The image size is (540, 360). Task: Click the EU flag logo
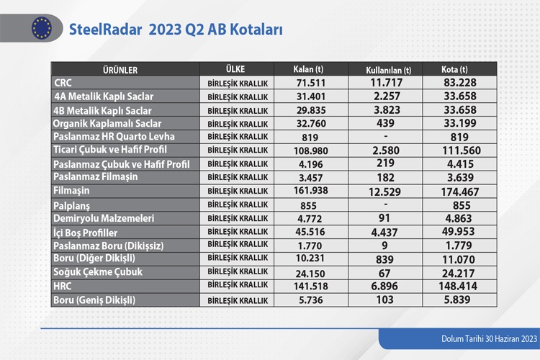42,28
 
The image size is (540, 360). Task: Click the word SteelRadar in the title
105,30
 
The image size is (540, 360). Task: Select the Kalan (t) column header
308,69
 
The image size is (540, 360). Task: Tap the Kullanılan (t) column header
389,71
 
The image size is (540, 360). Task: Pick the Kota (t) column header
454,69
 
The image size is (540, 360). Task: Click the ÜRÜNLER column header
120,71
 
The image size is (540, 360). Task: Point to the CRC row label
63,83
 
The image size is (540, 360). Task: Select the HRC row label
63,286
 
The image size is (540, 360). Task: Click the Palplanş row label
71,206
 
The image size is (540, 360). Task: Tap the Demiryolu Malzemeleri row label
104,218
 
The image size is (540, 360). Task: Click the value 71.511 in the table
311,83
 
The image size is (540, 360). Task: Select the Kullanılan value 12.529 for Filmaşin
384,192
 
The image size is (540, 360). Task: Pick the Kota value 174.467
460,192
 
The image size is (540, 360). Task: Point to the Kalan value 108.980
311,150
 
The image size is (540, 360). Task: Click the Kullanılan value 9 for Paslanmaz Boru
384,246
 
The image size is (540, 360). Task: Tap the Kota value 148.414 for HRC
458,286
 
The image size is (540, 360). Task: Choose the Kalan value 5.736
311,300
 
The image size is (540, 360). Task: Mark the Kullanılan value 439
385,123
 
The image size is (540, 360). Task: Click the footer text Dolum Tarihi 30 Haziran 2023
489,338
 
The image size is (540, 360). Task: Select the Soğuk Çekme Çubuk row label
98,272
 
